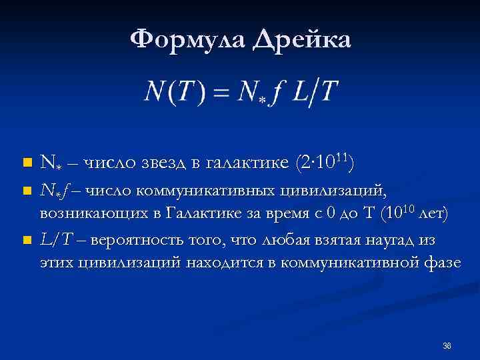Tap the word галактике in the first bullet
241,162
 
